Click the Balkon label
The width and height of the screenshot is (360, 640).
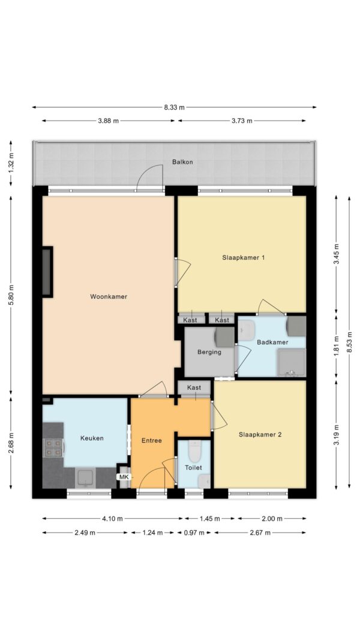tap(182, 161)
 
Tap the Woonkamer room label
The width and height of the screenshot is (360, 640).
tap(109, 297)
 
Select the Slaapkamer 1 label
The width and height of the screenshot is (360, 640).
tap(244, 257)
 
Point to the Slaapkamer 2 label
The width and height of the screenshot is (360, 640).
tap(260, 435)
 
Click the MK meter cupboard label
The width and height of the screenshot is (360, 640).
tap(123, 477)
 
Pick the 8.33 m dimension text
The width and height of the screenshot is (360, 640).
tap(174, 107)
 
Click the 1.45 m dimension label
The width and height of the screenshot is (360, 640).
tap(210, 519)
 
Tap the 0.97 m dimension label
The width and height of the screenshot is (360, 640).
tap(194, 533)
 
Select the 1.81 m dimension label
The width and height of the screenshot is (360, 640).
tap(337, 345)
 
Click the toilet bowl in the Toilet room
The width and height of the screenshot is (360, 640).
tap(194, 450)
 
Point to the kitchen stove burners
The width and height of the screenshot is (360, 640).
tap(53, 447)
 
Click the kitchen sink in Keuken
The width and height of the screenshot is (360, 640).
tap(86, 478)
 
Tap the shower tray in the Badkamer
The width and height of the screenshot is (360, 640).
tap(292, 362)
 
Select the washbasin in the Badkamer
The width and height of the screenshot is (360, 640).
tap(247, 330)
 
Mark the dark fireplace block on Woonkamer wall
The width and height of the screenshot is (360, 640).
tap(47, 272)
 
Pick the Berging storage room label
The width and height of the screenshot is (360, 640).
tap(209, 352)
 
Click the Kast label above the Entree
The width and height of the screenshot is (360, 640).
tap(194, 387)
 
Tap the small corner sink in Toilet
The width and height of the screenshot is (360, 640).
tap(204, 481)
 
